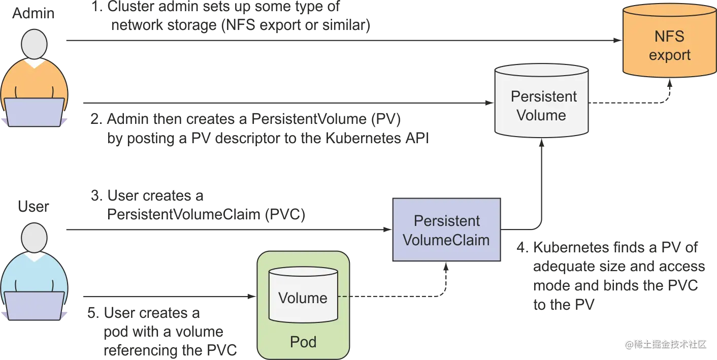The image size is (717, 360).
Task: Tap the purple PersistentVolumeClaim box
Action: point(446,230)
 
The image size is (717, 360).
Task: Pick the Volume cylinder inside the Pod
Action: point(303,296)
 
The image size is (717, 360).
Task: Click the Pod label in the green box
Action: point(303,342)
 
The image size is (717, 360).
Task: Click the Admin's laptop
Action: point(35,112)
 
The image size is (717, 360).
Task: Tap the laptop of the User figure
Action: point(35,307)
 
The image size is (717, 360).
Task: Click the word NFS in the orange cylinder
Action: point(669,37)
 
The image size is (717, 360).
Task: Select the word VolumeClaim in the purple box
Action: point(446,240)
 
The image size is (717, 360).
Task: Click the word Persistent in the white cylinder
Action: point(544,96)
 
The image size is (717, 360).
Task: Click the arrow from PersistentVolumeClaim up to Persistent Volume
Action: point(542,183)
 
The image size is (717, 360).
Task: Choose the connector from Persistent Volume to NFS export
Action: point(630,104)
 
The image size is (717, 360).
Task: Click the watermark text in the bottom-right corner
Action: point(666,344)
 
